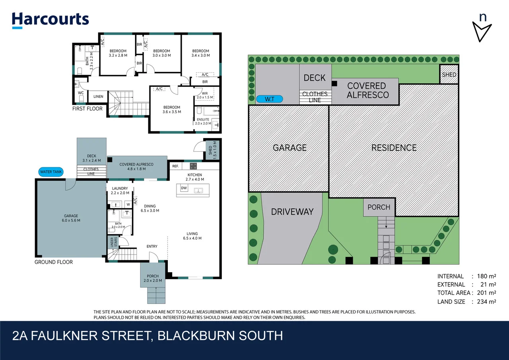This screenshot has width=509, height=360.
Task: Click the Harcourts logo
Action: click(50, 20)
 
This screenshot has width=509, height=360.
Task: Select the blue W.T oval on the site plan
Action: click(270, 99)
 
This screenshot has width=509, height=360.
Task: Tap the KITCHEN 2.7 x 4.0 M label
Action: click(195, 177)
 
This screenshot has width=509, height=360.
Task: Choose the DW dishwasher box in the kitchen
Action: click(184, 188)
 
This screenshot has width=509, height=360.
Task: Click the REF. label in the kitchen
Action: click(175, 166)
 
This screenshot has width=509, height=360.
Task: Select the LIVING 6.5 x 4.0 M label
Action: click(192, 236)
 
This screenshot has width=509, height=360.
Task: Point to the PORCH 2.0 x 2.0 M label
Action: click(153, 278)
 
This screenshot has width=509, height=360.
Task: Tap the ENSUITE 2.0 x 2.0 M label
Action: click(203, 121)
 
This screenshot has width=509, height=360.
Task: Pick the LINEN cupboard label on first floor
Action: click(98, 97)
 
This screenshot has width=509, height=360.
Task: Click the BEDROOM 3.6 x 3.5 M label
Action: click(171, 109)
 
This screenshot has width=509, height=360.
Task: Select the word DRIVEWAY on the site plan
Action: click(292, 212)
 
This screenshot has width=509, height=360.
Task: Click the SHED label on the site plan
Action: click(449, 75)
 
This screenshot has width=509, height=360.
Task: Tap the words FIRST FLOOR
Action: click(87, 109)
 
